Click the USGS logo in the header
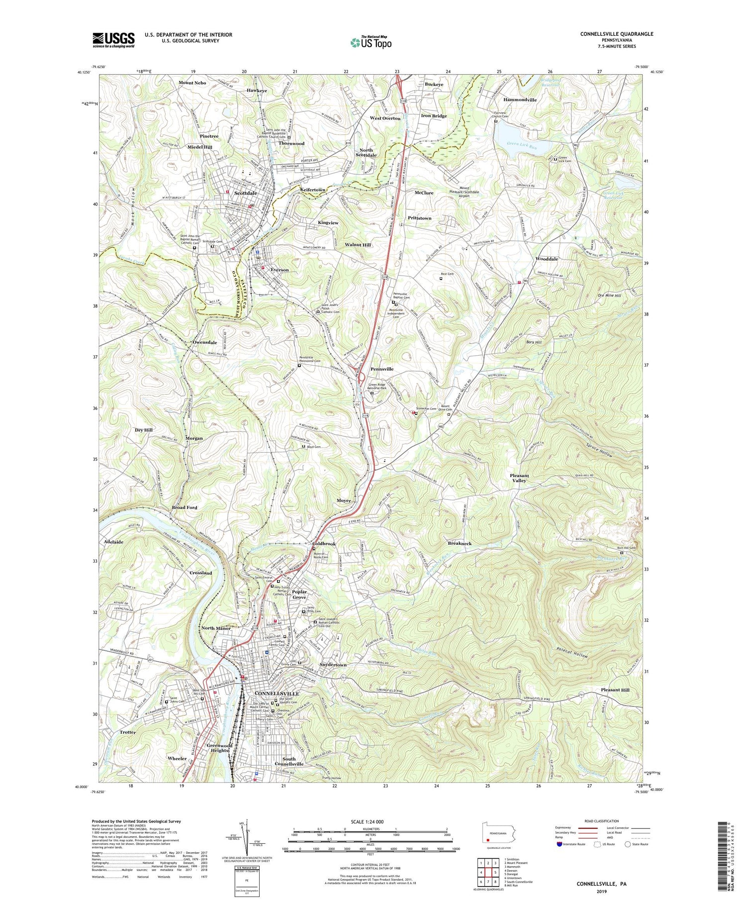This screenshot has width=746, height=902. click(113, 40)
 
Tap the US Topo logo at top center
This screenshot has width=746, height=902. click(370, 43)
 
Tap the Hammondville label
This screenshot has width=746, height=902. click(520, 100)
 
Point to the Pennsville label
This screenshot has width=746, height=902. click(381, 369)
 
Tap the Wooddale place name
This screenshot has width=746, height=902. click(547, 259)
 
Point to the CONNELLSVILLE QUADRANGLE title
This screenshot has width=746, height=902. click(616, 34)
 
